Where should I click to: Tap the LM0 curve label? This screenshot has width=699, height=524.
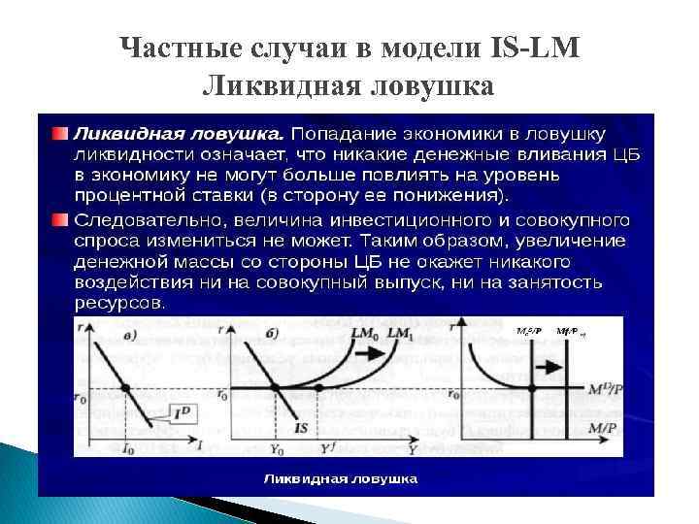click(366, 333)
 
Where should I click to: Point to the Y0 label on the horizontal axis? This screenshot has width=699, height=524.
click(277, 450)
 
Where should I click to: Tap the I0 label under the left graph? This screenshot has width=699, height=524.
click(128, 449)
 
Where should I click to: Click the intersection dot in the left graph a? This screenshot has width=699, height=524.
click(125, 389)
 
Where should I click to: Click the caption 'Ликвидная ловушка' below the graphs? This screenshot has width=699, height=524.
click(342, 478)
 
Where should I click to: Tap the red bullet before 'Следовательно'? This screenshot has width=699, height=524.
click(60, 220)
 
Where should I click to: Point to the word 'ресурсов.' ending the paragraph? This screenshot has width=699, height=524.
click(119, 302)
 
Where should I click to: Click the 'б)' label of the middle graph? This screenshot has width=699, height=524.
click(272, 334)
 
